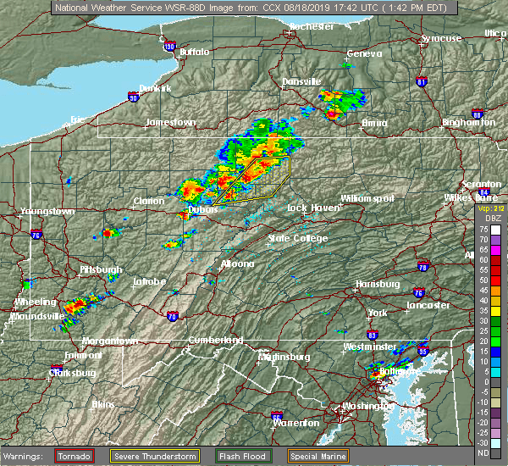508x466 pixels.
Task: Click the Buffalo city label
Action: (x=194, y=52)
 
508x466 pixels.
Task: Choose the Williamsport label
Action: (x=367, y=197)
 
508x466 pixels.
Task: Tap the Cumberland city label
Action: (x=216, y=340)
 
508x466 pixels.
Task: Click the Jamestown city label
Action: (x=170, y=122)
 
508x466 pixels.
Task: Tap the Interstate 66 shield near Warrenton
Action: (x=277, y=416)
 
